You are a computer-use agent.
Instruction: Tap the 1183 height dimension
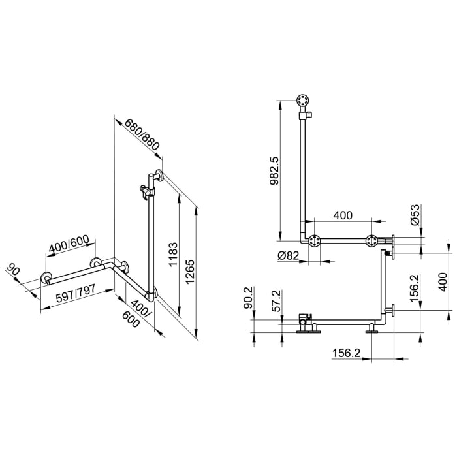(x=170, y=257)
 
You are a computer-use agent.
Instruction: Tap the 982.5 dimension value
(x=274, y=172)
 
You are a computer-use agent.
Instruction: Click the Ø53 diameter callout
(x=415, y=215)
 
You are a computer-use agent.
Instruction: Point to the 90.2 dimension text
(x=247, y=299)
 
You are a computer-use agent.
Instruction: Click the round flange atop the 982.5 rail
(x=303, y=101)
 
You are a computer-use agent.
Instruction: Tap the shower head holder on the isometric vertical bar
(x=144, y=191)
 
